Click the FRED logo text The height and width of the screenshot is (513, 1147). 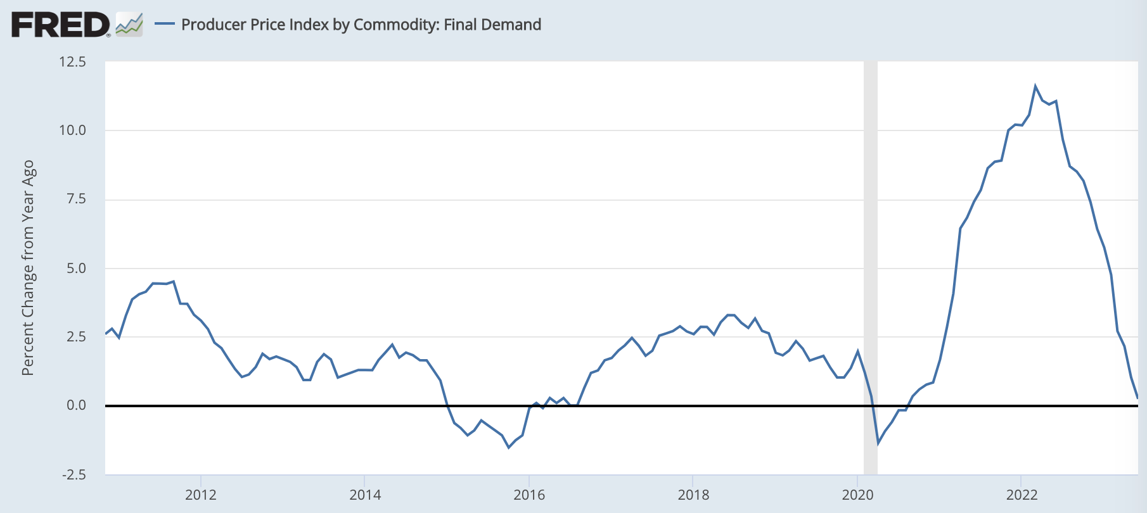pyautogui.click(x=60, y=25)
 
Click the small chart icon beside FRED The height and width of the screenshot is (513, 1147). pyautogui.click(x=129, y=25)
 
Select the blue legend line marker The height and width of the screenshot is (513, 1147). pyautogui.click(x=165, y=24)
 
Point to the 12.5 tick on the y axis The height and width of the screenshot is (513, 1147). pyautogui.click(x=72, y=62)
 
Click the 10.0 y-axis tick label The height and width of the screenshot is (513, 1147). pyautogui.click(x=72, y=130)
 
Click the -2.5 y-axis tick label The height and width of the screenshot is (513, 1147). pyautogui.click(x=74, y=474)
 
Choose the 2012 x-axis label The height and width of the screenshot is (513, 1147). pyautogui.click(x=201, y=495)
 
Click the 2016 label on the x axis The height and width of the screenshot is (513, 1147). pyautogui.click(x=529, y=495)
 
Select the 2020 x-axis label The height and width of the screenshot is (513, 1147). pyautogui.click(x=857, y=495)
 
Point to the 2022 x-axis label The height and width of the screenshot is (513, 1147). pyautogui.click(x=1022, y=495)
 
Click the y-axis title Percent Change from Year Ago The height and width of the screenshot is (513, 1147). pyautogui.click(x=28, y=268)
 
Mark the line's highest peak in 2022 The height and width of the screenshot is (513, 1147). pyautogui.click(x=1035, y=86)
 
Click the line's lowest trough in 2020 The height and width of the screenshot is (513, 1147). pyautogui.click(x=878, y=443)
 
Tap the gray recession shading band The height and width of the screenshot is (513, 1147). pyautogui.click(x=871, y=253)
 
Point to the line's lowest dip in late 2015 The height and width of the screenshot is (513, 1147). pyautogui.click(x=508, y=447)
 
